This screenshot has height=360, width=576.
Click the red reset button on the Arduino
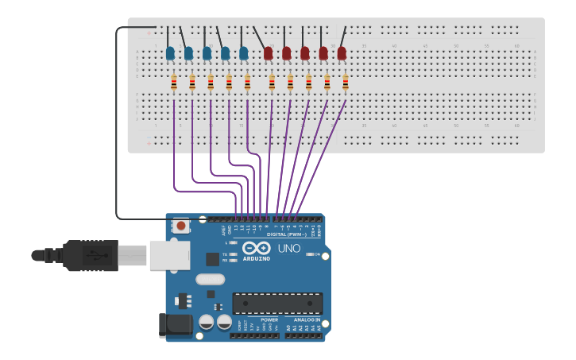coord(181,226)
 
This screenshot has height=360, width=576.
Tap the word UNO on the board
coord(289,249)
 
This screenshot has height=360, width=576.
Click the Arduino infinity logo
coord(256,247)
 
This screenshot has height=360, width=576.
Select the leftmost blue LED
coord(170,53)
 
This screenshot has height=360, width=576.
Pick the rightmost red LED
coord(342,53)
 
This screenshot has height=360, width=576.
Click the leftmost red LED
coord(268,53)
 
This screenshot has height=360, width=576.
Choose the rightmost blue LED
coord(244,53)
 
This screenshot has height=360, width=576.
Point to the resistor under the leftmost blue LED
coord(173,83)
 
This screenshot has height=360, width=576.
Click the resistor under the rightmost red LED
coord(346,83)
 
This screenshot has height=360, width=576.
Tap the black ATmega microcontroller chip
coord(277,303)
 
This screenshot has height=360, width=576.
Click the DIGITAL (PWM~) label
coord(288,234)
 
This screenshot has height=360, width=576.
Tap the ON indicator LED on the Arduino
coord(307,254)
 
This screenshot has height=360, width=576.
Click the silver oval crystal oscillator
coord(210,279)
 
